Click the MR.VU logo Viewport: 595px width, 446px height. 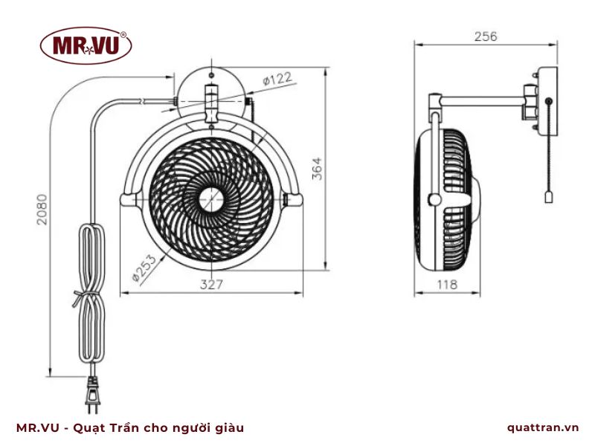point(86,45)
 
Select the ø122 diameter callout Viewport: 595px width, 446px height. point(276,78)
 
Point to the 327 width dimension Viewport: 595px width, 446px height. point(211,284)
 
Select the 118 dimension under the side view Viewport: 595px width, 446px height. point(446,284)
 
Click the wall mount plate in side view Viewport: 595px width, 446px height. point(548,100)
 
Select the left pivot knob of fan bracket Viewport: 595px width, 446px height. point(128,198)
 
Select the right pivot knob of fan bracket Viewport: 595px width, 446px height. point(295,198)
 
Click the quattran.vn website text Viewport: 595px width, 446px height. point(542,427)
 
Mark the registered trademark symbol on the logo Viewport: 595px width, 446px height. point(123,34)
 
